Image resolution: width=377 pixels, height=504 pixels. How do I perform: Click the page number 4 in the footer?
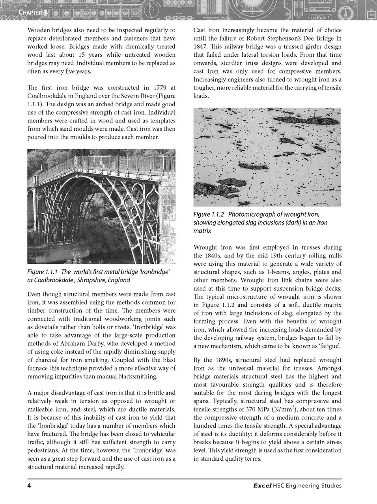tap(29, 485)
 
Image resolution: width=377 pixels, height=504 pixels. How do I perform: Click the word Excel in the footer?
tap(262, 485)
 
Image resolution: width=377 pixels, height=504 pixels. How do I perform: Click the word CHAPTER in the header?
tap(30, 13)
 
